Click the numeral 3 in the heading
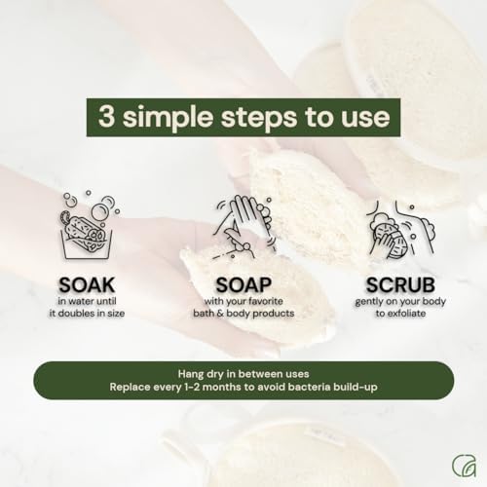(x=105, y=118)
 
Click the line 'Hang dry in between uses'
(x=243, y=373)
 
